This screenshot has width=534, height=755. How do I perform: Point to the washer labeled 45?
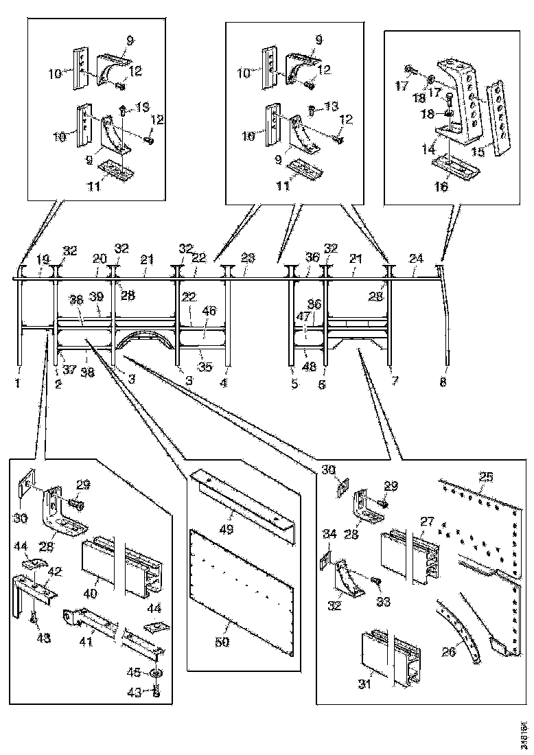click(156, 673)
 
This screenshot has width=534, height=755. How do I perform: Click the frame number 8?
click(443, 384)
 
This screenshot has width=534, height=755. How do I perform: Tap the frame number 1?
click(19, 384)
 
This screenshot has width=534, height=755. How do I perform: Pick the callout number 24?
click(416, 259)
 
